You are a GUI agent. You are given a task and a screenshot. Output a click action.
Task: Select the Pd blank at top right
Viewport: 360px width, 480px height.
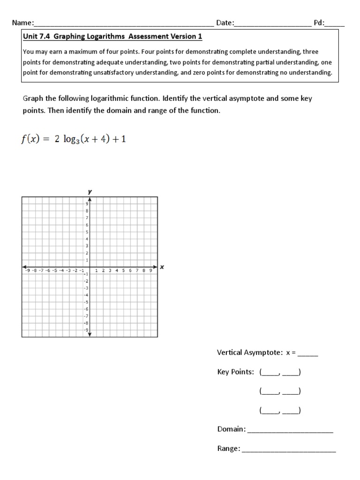[x=335, y=23]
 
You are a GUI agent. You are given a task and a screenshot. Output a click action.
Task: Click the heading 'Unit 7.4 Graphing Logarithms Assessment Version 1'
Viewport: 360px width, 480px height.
[x=113, y=36]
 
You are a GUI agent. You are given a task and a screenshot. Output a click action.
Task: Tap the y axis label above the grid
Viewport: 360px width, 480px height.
[x=89, y=192]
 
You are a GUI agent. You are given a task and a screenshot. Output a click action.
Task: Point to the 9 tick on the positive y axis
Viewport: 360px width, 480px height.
[x=87, y=204]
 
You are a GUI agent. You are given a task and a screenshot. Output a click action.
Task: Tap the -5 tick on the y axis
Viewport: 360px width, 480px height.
[x=86, y=302]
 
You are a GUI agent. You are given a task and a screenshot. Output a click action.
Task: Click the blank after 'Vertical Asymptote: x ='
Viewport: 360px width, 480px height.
[x=308, y=353]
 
